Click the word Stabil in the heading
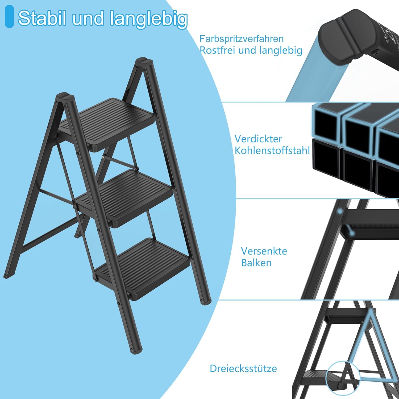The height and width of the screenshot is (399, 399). (x=42, y=18)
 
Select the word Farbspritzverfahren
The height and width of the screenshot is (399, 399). (x=242, y=39)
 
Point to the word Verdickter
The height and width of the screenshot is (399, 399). (x=258, y=139)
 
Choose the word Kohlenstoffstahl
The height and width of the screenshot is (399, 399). (x=272, y=151)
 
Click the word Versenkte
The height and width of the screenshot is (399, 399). (x=264, y=251)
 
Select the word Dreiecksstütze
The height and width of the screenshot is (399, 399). (x=243, y=369)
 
